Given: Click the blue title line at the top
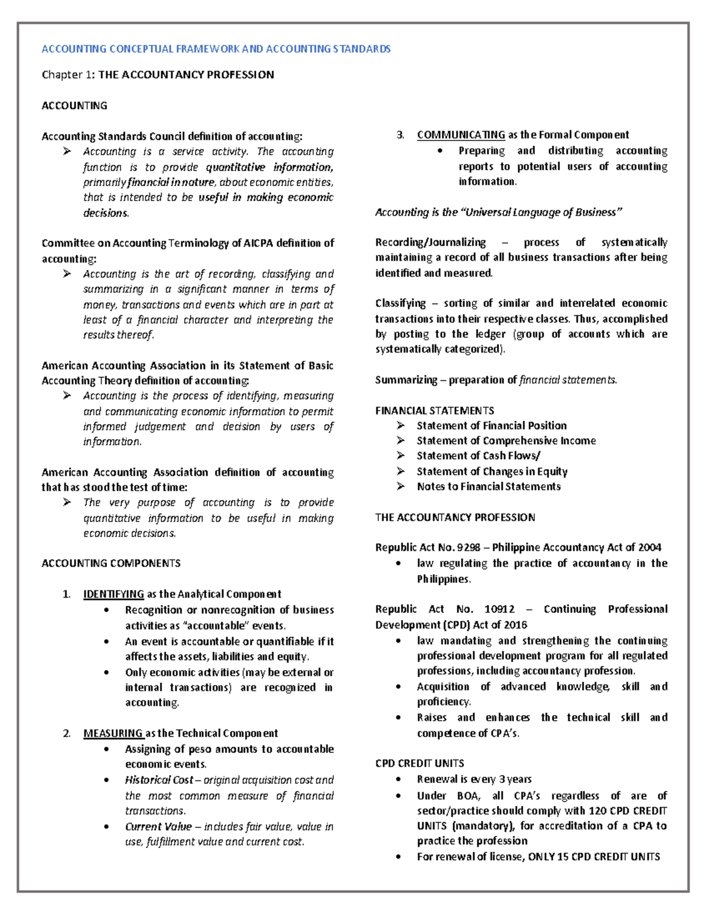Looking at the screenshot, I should point(216,49).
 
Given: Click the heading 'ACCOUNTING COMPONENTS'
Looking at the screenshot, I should point(111,563).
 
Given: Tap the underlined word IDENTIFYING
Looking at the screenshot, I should point(113,594).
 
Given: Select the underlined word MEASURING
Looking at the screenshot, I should point(113,733).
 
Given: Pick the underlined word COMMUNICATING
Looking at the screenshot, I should point(461,135).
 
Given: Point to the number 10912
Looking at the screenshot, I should point(499,609).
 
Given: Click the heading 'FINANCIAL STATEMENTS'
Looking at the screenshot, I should point(434,410).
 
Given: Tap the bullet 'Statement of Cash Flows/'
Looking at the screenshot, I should point(479,456).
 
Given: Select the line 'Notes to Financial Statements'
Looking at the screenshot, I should point(489,487).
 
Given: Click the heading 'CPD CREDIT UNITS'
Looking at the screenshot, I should point(419,763).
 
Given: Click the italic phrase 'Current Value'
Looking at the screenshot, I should point(158,827).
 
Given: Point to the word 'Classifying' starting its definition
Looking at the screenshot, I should point(400,304).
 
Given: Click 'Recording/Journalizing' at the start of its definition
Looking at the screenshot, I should point(430,242).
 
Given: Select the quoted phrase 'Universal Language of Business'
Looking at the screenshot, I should point(541,213).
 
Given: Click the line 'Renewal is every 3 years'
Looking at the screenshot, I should point(474,779).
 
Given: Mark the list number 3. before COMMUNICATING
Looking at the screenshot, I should point(401,135).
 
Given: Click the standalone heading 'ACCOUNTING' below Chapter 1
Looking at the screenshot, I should point(74,106).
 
